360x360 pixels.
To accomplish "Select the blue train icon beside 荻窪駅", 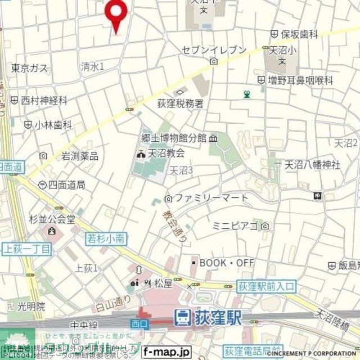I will tap(182, 318).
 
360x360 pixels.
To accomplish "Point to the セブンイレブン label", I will tap(214, 50).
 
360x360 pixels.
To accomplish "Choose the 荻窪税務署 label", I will tap(180, 103).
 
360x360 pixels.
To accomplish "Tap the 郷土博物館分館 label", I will tap(174, 138).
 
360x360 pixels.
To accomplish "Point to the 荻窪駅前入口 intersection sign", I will tap(266, 286).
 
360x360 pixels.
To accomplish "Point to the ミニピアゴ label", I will tap(235, 226).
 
